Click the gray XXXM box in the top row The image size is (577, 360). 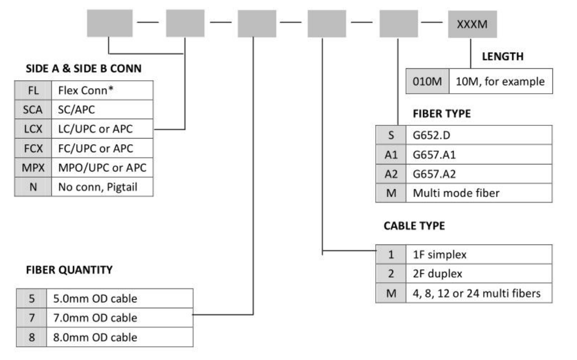pos(471,24)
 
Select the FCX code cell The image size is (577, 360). pos(30,148)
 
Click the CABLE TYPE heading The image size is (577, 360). pos(413,227)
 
